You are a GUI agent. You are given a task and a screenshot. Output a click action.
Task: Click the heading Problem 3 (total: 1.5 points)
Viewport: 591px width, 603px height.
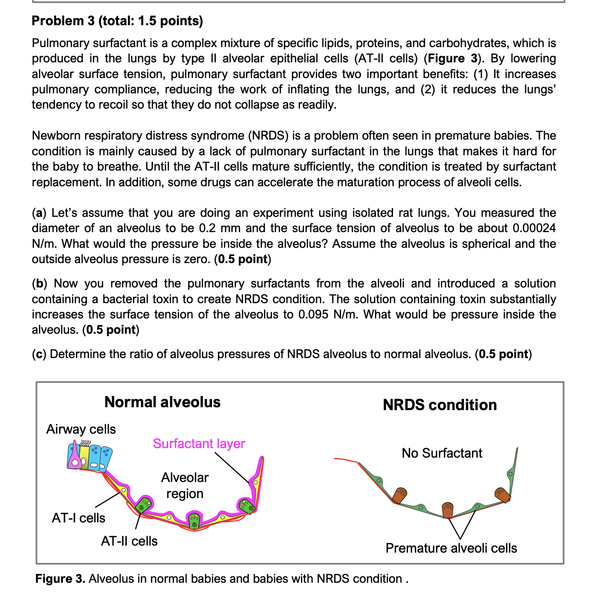[117, 21]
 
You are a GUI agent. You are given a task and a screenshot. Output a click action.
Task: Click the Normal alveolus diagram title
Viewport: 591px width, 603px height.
[162, 402]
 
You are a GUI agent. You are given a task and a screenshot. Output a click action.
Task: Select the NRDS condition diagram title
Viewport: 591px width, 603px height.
[440, 405]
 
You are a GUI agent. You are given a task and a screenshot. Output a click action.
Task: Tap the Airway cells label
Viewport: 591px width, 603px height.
[81, 429]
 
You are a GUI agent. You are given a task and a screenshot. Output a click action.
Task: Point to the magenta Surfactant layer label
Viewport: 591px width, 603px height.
[199, 444]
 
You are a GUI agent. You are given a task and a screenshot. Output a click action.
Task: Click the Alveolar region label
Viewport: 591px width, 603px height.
[185, 485]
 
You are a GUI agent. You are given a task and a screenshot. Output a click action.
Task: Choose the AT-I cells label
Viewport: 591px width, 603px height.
[79, 518]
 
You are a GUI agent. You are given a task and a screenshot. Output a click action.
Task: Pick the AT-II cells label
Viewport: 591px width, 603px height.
[129, 541]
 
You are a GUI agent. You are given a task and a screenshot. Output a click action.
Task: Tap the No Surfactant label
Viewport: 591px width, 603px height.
[442, 453]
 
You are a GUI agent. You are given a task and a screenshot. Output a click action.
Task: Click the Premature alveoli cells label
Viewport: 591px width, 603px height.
[451, 548]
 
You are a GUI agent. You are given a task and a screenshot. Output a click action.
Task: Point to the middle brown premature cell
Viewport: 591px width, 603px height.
[448, 510]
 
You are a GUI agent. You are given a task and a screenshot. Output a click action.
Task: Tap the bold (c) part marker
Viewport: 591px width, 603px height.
[39, 354]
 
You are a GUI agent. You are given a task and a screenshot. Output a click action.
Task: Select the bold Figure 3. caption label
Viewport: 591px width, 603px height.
[60, 579]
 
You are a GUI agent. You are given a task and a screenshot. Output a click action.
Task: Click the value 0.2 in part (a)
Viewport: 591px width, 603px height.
[208, 228]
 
